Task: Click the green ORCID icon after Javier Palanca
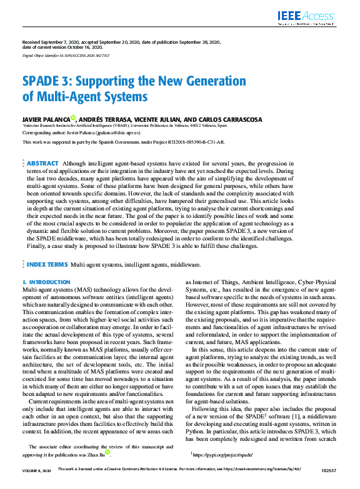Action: tap(73, 117)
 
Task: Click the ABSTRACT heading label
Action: tap(43, 162)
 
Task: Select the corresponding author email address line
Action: tap(81, 132)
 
